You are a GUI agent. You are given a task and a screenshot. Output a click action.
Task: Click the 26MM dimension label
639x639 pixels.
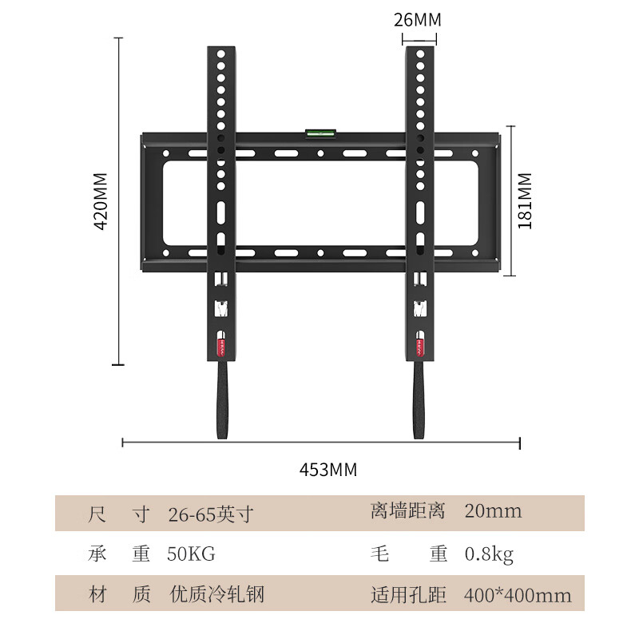coord(417,20)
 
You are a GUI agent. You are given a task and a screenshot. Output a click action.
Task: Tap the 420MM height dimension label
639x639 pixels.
coord(101,201)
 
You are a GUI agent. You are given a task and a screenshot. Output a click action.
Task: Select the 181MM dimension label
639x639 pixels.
coord(525,201)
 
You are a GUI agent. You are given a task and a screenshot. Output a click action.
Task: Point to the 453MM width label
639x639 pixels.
coord(328,470)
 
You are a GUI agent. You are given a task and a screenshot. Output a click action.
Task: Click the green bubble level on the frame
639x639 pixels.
coord(320,133)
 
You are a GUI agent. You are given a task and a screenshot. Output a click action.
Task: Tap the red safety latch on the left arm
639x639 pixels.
coord(221,347)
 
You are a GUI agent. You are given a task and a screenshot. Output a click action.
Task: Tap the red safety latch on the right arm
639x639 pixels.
coord(420,347)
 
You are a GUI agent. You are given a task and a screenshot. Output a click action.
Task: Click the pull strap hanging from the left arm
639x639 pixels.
coord(222,399)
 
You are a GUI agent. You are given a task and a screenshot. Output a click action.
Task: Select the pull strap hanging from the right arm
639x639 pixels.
coord(419,399)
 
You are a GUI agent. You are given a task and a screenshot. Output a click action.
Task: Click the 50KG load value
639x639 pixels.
coord(191,554)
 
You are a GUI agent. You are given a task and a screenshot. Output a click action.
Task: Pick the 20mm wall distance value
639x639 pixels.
coord(493,511)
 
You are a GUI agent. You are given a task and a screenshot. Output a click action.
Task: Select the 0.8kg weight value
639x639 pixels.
coord(489,554)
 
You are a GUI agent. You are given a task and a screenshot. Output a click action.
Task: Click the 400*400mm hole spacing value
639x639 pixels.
coord(518,595)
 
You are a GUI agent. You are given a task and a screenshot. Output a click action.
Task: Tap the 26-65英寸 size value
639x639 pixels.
coord(211,514)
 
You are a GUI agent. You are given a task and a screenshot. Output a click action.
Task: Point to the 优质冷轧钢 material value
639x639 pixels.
coord(217,594)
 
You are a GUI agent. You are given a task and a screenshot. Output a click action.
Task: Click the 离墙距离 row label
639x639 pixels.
coord(408,511)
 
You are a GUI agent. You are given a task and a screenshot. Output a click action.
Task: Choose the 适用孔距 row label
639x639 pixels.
coord(408,595)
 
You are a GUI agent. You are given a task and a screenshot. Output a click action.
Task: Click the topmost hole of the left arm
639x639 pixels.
coord(221,54)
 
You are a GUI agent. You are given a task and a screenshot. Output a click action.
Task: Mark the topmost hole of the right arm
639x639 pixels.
coord(420,54)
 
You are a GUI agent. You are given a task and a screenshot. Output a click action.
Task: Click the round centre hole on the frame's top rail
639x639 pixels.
coord(321,153)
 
